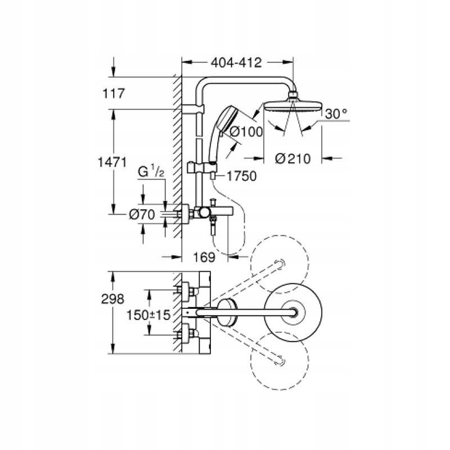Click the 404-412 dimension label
(x=236, y=62)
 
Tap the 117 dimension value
(x=114, y=93)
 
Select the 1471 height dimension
(x=112, y=163)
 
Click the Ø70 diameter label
(x=142, y=214)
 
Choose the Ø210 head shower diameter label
(x=292, y=159)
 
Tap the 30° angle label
(x=336, y=114)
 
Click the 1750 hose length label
(x=242, y=176)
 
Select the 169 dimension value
(x=204, y=257)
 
